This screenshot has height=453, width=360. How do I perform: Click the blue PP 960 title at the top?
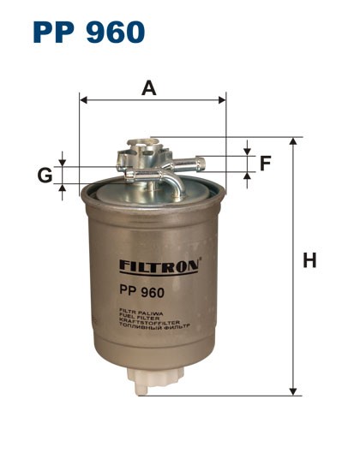pyautogui.click(x=88, y=32)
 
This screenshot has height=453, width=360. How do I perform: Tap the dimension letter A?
pyautogui.click(x=149, y=86)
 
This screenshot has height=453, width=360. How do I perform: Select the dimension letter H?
pyautogui.click(x=309, y=261)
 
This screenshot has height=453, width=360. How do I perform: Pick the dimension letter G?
pyautogui.click(x=44, y=176)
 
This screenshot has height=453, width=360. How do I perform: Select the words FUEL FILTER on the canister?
pyautogui.click(x=135, y=319)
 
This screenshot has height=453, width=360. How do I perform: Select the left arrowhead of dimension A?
pyautogui.click(x=83, y=100)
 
